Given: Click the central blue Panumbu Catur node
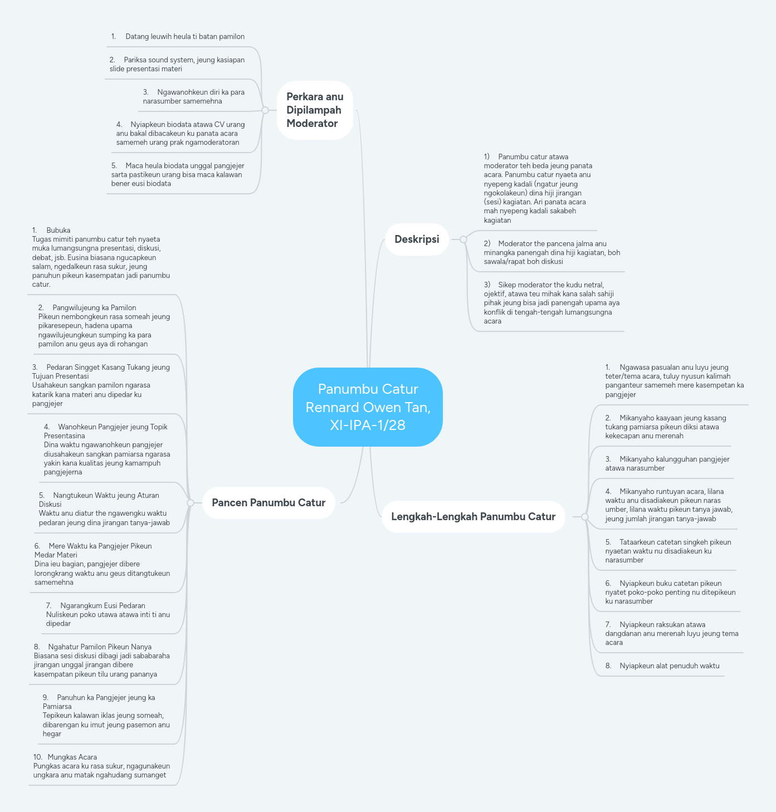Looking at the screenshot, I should pyautogui.click(x=368, y=407).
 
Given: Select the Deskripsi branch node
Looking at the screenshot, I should pyautogui.click(x=417, y=239).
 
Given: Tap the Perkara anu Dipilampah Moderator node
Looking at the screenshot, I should pyautogui.click(x=315, y=110).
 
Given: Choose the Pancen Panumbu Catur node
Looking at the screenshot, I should pyautogui.click(x=269, y=503).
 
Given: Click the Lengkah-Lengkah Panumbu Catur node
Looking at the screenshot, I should pyautogui.click(x=473, y=517).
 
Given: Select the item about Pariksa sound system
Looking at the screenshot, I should pyautogui.click(x=177, y=64).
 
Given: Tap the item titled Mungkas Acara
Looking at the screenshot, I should pyautogui.click(x=101, y=766).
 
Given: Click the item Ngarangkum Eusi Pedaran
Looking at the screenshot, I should pyautogui.click(x=108, y=614).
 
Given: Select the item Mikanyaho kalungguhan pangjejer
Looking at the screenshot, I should pyautogui.click(x=667, y=463).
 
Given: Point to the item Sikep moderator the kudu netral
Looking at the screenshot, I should pyautogui.click(x=551, y=303).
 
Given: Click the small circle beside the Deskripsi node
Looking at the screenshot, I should pyautogui.click(x=463, y=239).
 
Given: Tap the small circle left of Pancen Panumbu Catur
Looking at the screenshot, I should pyautogui.click(x=191, y=503).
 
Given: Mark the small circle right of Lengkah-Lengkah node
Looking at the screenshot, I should pyautogui.click(x=584, y=517).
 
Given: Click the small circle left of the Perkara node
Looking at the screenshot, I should pyautogui.click(x=265, y=110).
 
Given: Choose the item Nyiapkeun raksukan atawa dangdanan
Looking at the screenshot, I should pyautogui.click(x=671, y=633).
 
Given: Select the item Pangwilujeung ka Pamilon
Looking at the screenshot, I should pyautogui.click(x=104, y=326).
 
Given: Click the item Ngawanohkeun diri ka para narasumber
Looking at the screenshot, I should pyautogui.click(x=193, y=96).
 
